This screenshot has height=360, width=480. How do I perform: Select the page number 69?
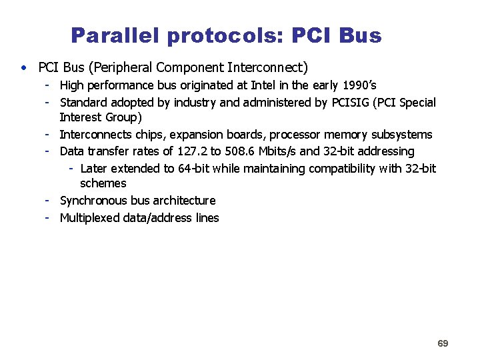tap(443, 343)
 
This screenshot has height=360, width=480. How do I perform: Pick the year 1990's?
tap(359, 85)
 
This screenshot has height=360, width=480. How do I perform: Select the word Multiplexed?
tap(90, 218)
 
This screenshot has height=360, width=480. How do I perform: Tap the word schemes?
tap(103, 183)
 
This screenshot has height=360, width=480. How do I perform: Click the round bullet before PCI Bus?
tap(24, 67)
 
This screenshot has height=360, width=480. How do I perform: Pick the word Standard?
tap(83, 103)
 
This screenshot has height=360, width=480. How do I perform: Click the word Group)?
tap(123, 118)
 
